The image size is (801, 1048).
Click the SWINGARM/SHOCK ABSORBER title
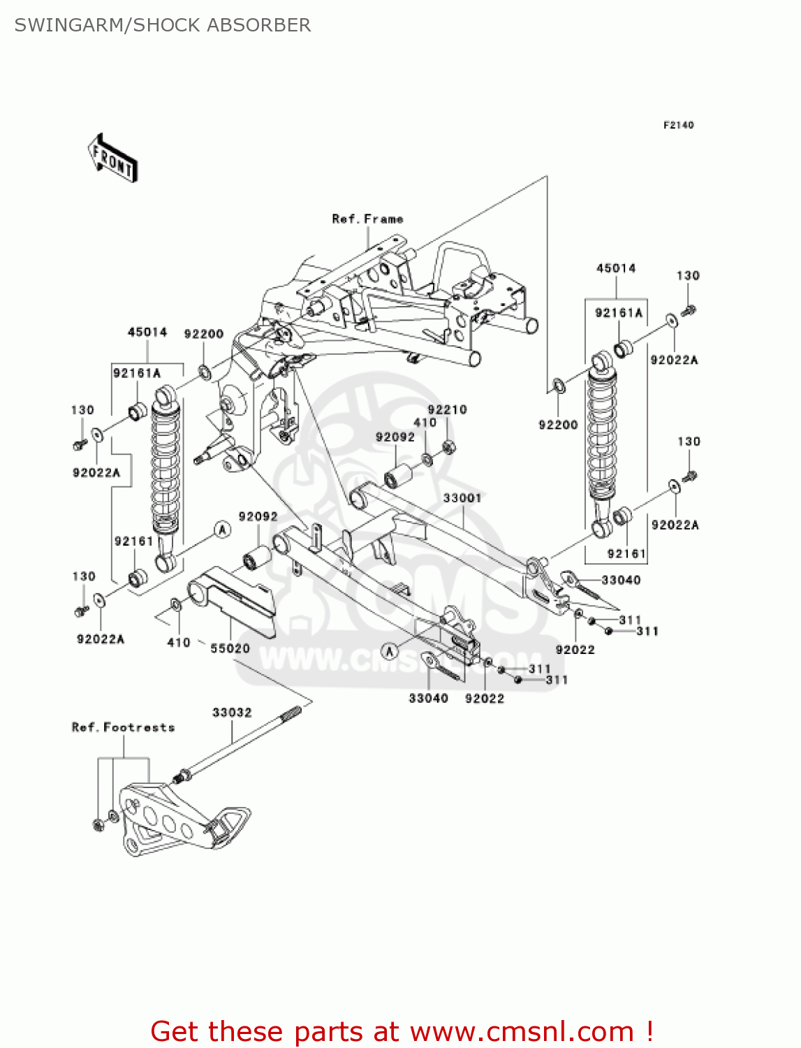point(162,25)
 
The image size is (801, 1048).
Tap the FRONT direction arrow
point(112,159)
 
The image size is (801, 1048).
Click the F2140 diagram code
point(678,125)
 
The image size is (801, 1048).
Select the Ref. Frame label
point(367,219)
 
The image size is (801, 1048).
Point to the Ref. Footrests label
point(123,727)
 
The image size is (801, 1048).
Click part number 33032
point(232,713)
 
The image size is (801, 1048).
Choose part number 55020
point(230,648)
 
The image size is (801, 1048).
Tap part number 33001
point(462,498)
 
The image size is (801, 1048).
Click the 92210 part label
point(447,410)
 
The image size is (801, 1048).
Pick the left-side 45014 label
point(147,332)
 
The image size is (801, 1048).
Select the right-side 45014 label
point(616,268)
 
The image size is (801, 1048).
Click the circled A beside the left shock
point(222,530)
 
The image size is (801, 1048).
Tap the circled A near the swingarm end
point(390,652)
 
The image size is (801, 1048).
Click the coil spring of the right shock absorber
point(601,433)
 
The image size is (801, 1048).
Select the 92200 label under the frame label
point(203,334)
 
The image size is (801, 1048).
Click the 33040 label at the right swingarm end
point(620,580)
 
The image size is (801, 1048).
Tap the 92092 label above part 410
point(395,437)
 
